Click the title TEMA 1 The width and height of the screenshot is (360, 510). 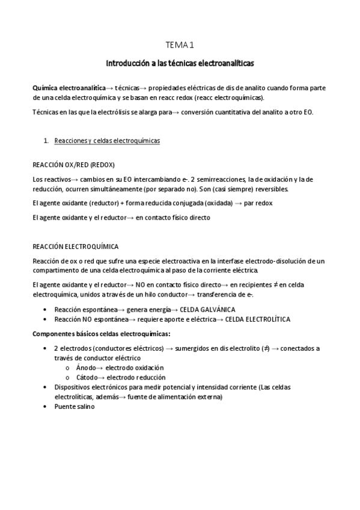pyautogui.click(x=180, y=45)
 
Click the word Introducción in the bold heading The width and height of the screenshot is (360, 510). pyautogui.click(x=126, y=63)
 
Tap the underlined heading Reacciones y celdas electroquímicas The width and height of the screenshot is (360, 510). pyautogui.click(x=107, y=141)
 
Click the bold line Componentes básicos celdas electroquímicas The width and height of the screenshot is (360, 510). pyautogui.click(x=101, y=334)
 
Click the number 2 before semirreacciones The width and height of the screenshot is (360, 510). pyautogui.click(x=192, y=179)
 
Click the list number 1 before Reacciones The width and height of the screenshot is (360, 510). pyautogui.click(x=46, y=141)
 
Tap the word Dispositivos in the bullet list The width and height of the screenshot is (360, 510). pyautogui.click(x=74, y=387)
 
